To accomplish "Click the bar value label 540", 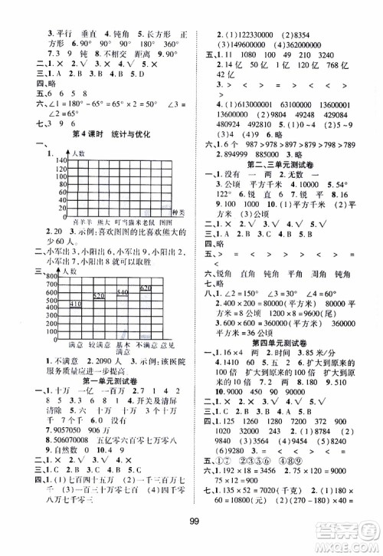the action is [123, 291].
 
